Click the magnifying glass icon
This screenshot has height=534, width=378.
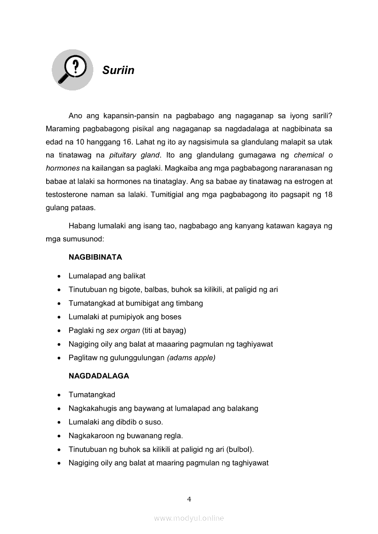click(x=72, y=70)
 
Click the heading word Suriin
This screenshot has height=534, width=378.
click(x=118, y=70)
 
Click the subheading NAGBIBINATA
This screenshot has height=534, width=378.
click(x=95, y=257)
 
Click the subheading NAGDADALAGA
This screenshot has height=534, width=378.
click(x=99, y=376)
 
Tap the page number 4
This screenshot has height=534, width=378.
click(x=189, y=499)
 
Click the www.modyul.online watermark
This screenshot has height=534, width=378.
click(x=189, y=518)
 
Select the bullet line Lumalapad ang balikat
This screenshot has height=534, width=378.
click(x=107, y=276)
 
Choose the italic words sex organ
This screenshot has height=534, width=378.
click(x=123, y=330)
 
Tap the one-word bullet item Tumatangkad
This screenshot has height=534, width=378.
click(x=92, y=395)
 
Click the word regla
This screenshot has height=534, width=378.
click(x=172, y=436)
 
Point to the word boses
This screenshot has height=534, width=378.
click(x=171, y=317)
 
